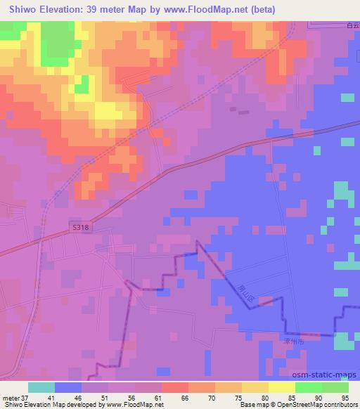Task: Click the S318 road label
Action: tap(80, 227)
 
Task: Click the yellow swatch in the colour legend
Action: tap(281, 387)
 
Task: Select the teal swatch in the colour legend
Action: tap(41, 387)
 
